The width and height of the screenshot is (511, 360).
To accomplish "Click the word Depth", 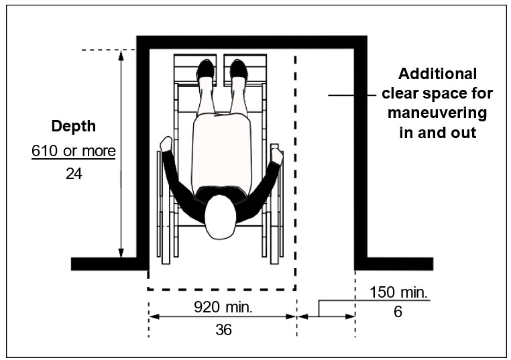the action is (74, 126).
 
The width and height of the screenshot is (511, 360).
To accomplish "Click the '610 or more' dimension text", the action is (74, 151).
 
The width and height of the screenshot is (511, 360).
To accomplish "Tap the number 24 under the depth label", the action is (74, 173).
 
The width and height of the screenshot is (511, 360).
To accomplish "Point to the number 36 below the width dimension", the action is (223, 331).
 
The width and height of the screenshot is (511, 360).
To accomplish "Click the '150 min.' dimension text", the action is (399, 293).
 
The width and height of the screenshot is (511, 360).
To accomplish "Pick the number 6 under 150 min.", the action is (398, 312).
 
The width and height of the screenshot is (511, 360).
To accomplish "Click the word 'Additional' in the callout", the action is (437, 74).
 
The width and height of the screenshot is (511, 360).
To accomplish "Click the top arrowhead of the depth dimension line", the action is (121, 55).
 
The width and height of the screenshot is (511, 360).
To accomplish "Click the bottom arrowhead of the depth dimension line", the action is (121, 252).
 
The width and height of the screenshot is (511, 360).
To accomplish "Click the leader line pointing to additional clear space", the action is (351, 96).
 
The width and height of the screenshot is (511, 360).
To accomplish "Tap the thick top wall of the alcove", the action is (252, 42).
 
